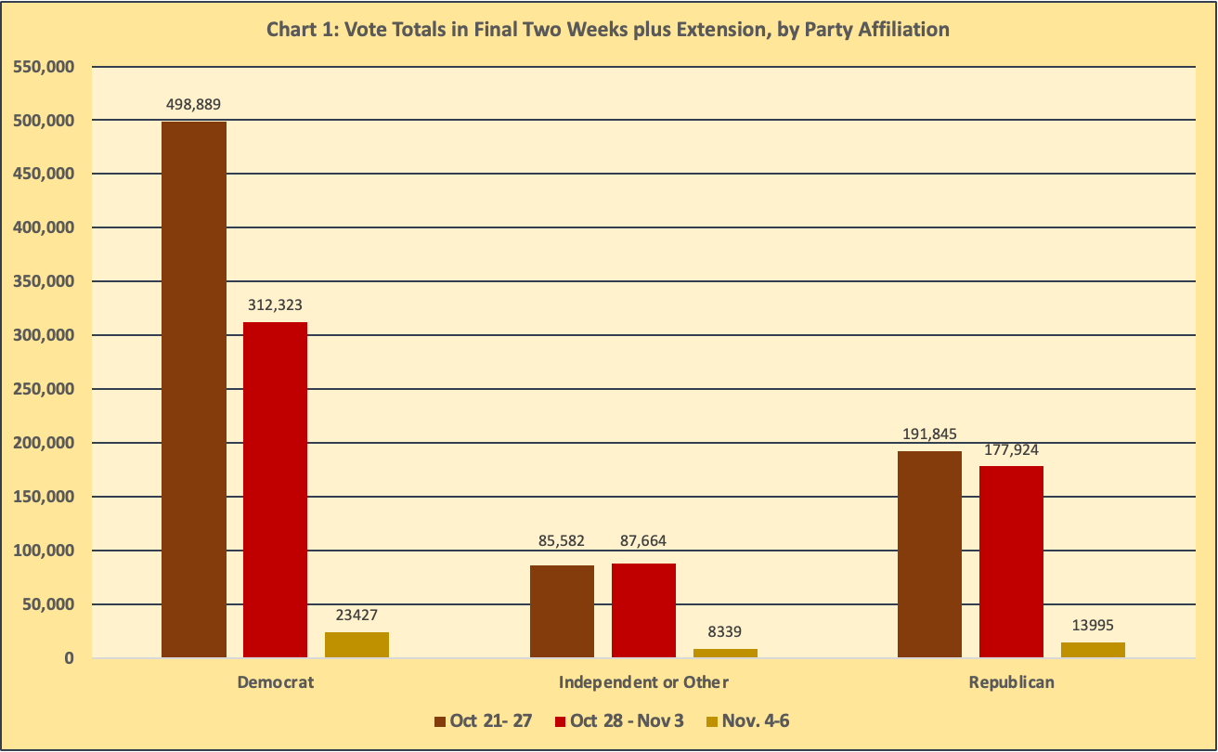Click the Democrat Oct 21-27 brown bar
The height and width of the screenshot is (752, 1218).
[x=193, y=390]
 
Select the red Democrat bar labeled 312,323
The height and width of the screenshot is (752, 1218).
[x=275, y=489]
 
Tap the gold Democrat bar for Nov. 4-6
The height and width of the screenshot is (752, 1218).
[x=356, y=644]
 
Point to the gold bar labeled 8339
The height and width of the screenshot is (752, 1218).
[x=725, y=653]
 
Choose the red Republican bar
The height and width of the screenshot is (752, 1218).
[x=1011, y=562]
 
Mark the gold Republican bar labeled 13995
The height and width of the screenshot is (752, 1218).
[x=1093, y=650]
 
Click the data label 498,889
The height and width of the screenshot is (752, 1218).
[x=194, y=104]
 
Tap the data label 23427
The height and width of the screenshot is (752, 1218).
[x=356, y=615]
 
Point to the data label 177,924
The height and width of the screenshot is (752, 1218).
[x=1011, y=449]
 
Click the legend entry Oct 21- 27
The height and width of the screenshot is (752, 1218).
[x=482, y=721]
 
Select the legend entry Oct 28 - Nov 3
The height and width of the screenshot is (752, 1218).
[x=619, y=721]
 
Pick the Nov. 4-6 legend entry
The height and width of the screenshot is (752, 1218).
[x=747, y=721]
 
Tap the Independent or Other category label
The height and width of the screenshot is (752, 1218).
[x=643, y=682]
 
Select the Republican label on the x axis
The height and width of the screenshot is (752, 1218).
[x=1011, y=682]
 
